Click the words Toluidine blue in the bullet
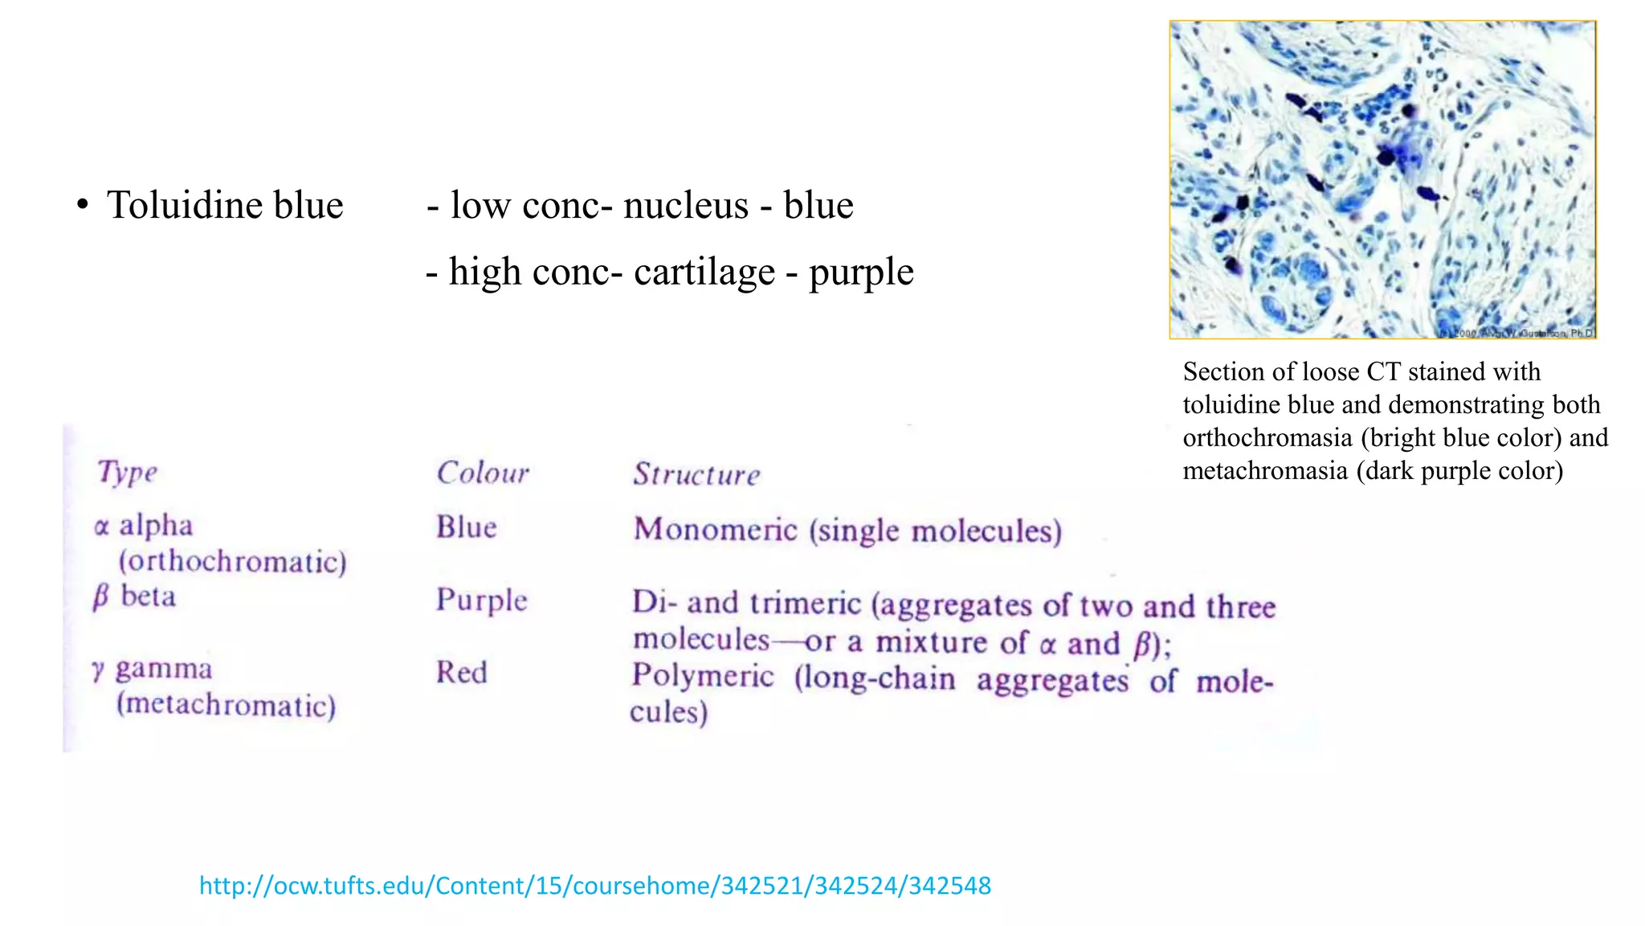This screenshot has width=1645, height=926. click(225, 205)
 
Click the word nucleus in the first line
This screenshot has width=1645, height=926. click(685, 205)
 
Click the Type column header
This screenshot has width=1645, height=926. click(127, 472)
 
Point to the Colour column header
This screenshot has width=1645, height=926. click(483, 473)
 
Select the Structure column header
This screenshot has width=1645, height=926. click(696, 474)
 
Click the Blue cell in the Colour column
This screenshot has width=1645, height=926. click(467, 527)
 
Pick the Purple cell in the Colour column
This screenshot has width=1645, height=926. click(481, 600)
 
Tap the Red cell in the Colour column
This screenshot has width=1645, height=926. click(462, 672)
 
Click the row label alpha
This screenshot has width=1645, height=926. click(156, 526)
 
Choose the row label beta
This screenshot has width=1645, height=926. click(148, 596)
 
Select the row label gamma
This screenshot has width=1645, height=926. click(164, 669)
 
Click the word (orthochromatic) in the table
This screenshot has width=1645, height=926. click(232, 561)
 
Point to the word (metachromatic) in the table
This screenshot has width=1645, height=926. click(226, 705)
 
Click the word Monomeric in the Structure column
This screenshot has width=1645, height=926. click(715, 530)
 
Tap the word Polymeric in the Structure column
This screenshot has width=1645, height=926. click(702, 675)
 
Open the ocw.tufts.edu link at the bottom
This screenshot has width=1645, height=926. click(594, 885)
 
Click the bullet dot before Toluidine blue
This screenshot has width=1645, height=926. click(82, 206)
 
